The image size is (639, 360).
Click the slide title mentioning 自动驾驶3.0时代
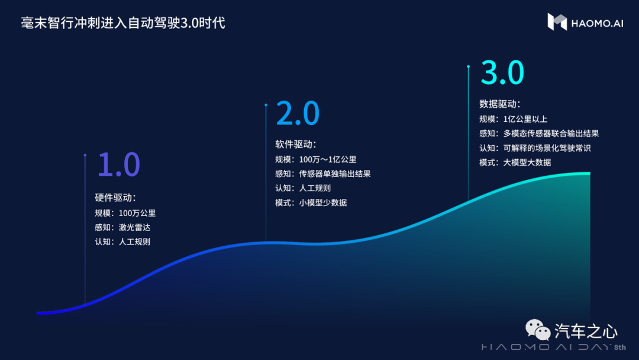point(123,23)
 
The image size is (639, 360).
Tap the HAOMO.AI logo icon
point(557,21)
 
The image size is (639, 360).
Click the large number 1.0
point(118,164)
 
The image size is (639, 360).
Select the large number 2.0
point(298,113)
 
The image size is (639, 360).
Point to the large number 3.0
point(502,73)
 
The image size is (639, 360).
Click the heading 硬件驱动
point(115,198)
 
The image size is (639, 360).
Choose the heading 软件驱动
point(295,144)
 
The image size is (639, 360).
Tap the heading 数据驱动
point(499,104)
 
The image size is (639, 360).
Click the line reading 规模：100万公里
point(125,213)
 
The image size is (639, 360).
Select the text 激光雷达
point(134,227)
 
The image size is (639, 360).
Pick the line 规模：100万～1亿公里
point(316,159)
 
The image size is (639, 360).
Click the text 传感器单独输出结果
point(335,173)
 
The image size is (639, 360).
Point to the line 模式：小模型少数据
point(311,202)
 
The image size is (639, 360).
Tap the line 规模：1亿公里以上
point(514,119)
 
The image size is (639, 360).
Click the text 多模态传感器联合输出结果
point(551,133)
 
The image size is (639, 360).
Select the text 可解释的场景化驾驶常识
point(547,148)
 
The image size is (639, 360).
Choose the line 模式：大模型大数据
point(515,162)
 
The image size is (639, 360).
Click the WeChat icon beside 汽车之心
point(538,329)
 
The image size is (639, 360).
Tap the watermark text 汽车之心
point(586,332)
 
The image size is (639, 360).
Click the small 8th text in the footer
point(620,348)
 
